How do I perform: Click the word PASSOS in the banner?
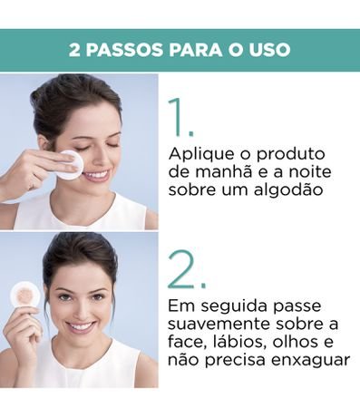tap(124, 50)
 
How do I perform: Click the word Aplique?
tap(201, 155)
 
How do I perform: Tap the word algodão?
tap(288, 190)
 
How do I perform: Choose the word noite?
tap(310, 171)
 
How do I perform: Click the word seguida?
tap(235, 306)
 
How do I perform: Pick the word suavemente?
tap(219, 325)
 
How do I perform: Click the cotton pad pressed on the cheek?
tap(73, 164)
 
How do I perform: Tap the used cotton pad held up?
tap(25, 295)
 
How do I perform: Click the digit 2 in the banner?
tap(74, 50)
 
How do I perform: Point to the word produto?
tap(291, 155)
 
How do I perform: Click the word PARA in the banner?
tap(196, 50)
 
